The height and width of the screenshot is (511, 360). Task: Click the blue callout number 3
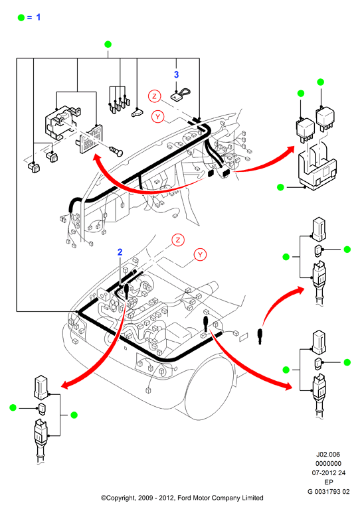pos(177,74)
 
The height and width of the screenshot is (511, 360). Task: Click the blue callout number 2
pos(120,252)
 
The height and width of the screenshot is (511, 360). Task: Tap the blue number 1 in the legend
pos(39,17)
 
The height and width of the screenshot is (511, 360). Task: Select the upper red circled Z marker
pos(155,96)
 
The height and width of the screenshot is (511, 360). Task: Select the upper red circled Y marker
pos(158,116)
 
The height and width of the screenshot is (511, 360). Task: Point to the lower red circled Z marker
pos(178,240)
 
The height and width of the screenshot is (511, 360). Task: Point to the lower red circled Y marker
pos(200,255)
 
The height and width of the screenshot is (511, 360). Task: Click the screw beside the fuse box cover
pos(116,151)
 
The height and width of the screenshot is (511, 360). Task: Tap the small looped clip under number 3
pos(181,95)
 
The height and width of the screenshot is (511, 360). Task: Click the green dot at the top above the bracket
pos(108,44)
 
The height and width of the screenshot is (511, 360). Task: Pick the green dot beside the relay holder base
pos(280,187)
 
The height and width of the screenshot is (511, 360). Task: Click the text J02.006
pos(328,455)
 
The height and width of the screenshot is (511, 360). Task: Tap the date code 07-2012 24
pos(328,473)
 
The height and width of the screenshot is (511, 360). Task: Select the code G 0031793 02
pos(328,492)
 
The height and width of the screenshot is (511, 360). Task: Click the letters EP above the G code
pos(328,482)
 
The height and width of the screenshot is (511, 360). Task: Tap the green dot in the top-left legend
pos(21,18)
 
